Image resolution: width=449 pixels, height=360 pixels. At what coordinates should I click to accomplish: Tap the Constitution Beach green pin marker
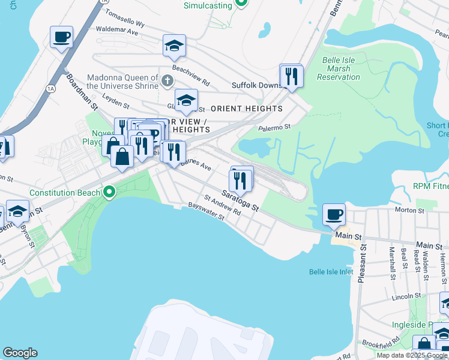pyautogui.click(x=109, y=193)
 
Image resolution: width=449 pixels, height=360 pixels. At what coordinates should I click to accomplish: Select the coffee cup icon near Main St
pyautogui.click(x=334, y=214)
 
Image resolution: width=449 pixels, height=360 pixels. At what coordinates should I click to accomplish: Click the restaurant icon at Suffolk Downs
pyautogui.click(x=292, y=76)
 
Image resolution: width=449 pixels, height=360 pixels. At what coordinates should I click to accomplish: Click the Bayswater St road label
pyautogui.click(x=206, y=213)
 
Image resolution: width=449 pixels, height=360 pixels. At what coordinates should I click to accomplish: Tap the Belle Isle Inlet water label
pyautogui.click(x=331, y=272)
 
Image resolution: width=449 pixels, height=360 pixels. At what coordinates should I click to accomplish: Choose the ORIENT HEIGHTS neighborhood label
pyautogui.click(x=247, y=109)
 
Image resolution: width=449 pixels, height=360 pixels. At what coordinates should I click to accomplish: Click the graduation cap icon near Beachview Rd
pyautogui.click(x=174, y=46)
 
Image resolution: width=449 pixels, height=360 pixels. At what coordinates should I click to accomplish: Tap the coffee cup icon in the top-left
pyautogui.click(x=61, y=37)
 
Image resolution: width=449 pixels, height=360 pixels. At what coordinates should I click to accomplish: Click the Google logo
pyautogui.click(x=20, y=353)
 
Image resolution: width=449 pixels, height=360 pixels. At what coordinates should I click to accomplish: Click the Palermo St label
pyautogui.click(x=274, y=127)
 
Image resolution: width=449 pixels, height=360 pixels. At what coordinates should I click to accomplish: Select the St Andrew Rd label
pyautogui.click(x=222, y=205)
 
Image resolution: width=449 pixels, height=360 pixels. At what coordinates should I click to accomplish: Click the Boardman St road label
pyautogui.click(x=82, y=92)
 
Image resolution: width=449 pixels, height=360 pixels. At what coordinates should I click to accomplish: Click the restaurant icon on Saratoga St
pyautogui.click(x=240, y=179)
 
